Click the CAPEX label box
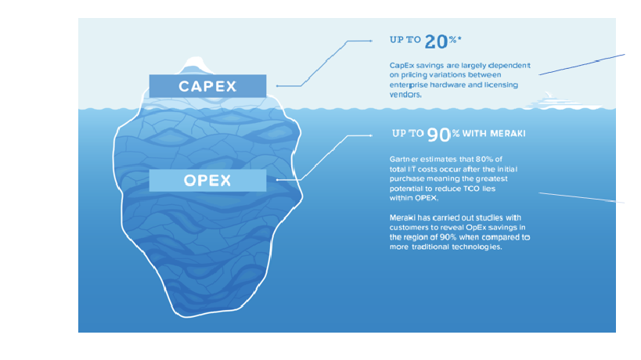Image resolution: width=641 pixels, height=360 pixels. point(207,86)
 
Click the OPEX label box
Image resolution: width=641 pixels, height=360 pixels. point(207,180)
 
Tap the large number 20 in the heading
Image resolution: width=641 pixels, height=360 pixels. point(436,41)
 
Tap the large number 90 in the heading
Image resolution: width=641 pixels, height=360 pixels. point(438,135)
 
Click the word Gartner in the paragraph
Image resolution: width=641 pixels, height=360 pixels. point(402,159)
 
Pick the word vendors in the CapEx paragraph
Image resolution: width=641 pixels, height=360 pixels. point(405,95)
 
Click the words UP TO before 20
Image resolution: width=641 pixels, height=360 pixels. point(405,40)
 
